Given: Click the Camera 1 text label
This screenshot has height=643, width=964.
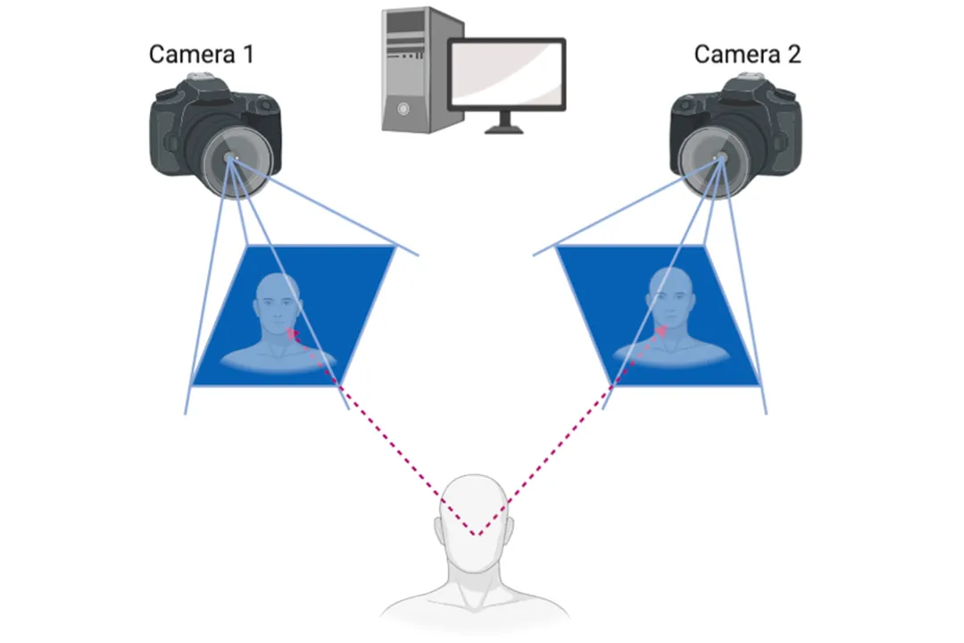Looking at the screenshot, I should (x=201, y=54).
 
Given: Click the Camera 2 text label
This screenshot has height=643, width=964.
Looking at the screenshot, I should (x=747, y=54).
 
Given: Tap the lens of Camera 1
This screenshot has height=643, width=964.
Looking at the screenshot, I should (x=231, y=160).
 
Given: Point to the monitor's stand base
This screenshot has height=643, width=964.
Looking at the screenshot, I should (x=506, y=129).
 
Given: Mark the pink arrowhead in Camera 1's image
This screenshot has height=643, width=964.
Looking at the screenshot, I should (x=290, y=331).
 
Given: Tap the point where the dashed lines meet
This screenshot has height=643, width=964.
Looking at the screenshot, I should (x=477, y=535).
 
